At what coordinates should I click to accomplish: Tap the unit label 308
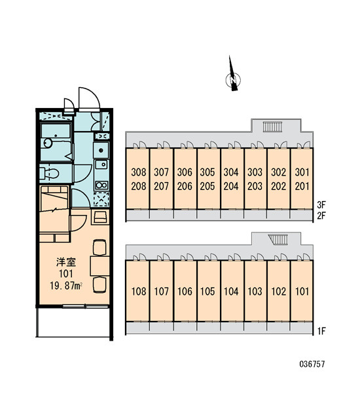139,172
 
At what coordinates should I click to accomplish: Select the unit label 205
207,186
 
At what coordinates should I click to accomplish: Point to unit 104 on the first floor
231,291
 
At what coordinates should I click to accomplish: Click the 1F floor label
321,331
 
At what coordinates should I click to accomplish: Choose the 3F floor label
321,205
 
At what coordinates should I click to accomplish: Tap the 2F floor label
321,215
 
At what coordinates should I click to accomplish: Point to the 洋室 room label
66,262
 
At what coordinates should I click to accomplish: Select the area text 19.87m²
66,286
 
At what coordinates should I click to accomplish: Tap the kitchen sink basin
101,164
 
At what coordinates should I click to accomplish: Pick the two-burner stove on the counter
101,185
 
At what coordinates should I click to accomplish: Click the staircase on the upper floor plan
272,126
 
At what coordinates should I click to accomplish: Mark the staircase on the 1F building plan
278,239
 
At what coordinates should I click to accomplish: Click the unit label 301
302,172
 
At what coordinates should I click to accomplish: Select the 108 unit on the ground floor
139,291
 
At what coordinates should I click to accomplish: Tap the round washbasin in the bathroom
48,143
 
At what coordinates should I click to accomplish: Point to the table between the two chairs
99,266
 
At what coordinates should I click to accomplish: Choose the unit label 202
278,186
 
